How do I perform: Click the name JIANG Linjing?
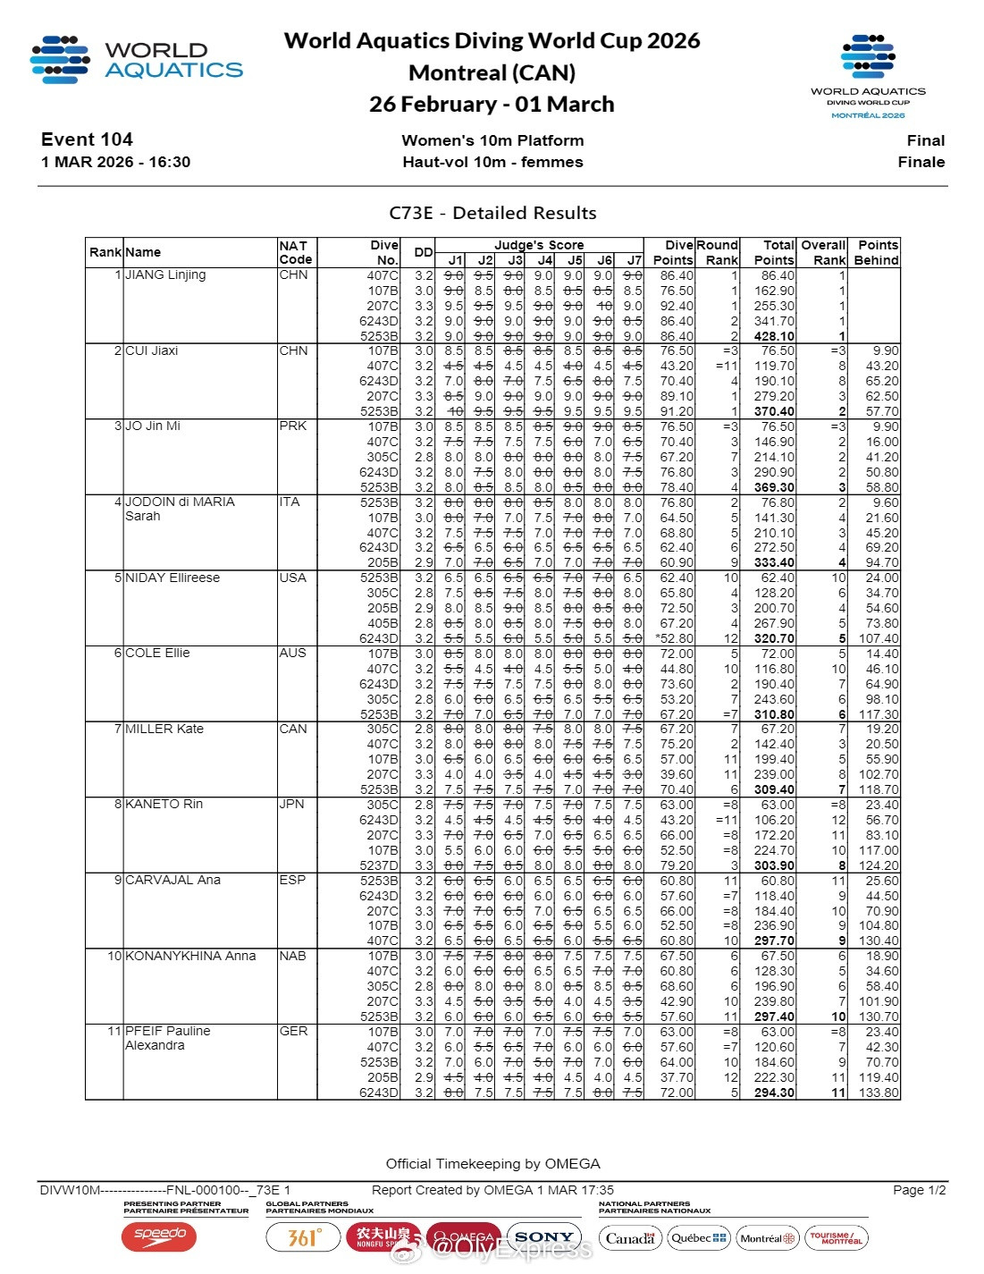[x=165, y=275]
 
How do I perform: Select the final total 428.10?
[x=774, y=336]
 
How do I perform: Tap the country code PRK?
[x=292, y=426]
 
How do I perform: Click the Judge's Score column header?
[x=539, y=245]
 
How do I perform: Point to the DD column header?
[x=423, y=253]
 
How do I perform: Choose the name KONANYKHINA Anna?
[x=190, y=956]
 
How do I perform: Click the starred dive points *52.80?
[x=674, y=638]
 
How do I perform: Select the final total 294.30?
[x=774, y=1093]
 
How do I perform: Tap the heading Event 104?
[x=87, y=139]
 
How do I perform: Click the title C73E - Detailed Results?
[x=492, y=213]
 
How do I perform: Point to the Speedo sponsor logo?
[x=159, y=1236]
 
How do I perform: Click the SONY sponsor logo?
[x=543, y=1237]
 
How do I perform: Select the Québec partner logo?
[x=699, y=1238]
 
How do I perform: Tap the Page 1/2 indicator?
[x=918, y=1190]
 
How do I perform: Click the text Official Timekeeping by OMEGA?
[x=492, y=1164]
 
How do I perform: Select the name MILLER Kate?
[x=164, y=729]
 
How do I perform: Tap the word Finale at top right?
[x=921, y=162]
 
